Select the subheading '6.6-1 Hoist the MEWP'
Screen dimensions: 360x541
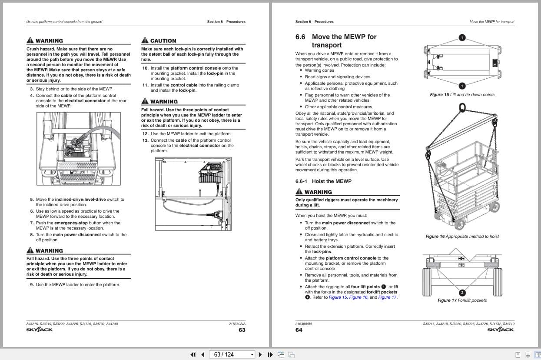(323, 181)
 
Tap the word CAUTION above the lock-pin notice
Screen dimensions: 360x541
(163, 41)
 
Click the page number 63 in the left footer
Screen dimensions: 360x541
(242, 330)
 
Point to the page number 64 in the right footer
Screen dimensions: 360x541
(299, 330)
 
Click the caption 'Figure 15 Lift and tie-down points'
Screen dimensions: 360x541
(462, 95)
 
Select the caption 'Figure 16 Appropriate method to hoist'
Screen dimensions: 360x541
(462, 237)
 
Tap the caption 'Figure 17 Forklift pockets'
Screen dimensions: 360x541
(462, 300)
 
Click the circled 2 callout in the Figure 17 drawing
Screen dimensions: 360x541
(462, 293)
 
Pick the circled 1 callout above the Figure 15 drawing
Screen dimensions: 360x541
(462, 38)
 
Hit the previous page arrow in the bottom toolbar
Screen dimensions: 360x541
(202, 354)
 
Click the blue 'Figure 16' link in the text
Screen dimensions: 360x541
(358, 297)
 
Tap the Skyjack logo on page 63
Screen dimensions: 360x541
(40, 330)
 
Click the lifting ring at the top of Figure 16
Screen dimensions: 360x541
(462, 107)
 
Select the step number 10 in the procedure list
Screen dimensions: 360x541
(145, 68)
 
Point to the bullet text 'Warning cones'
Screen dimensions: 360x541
(319, 70)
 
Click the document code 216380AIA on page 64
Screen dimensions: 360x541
(303, 324)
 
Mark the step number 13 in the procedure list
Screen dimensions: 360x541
(145, 140)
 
